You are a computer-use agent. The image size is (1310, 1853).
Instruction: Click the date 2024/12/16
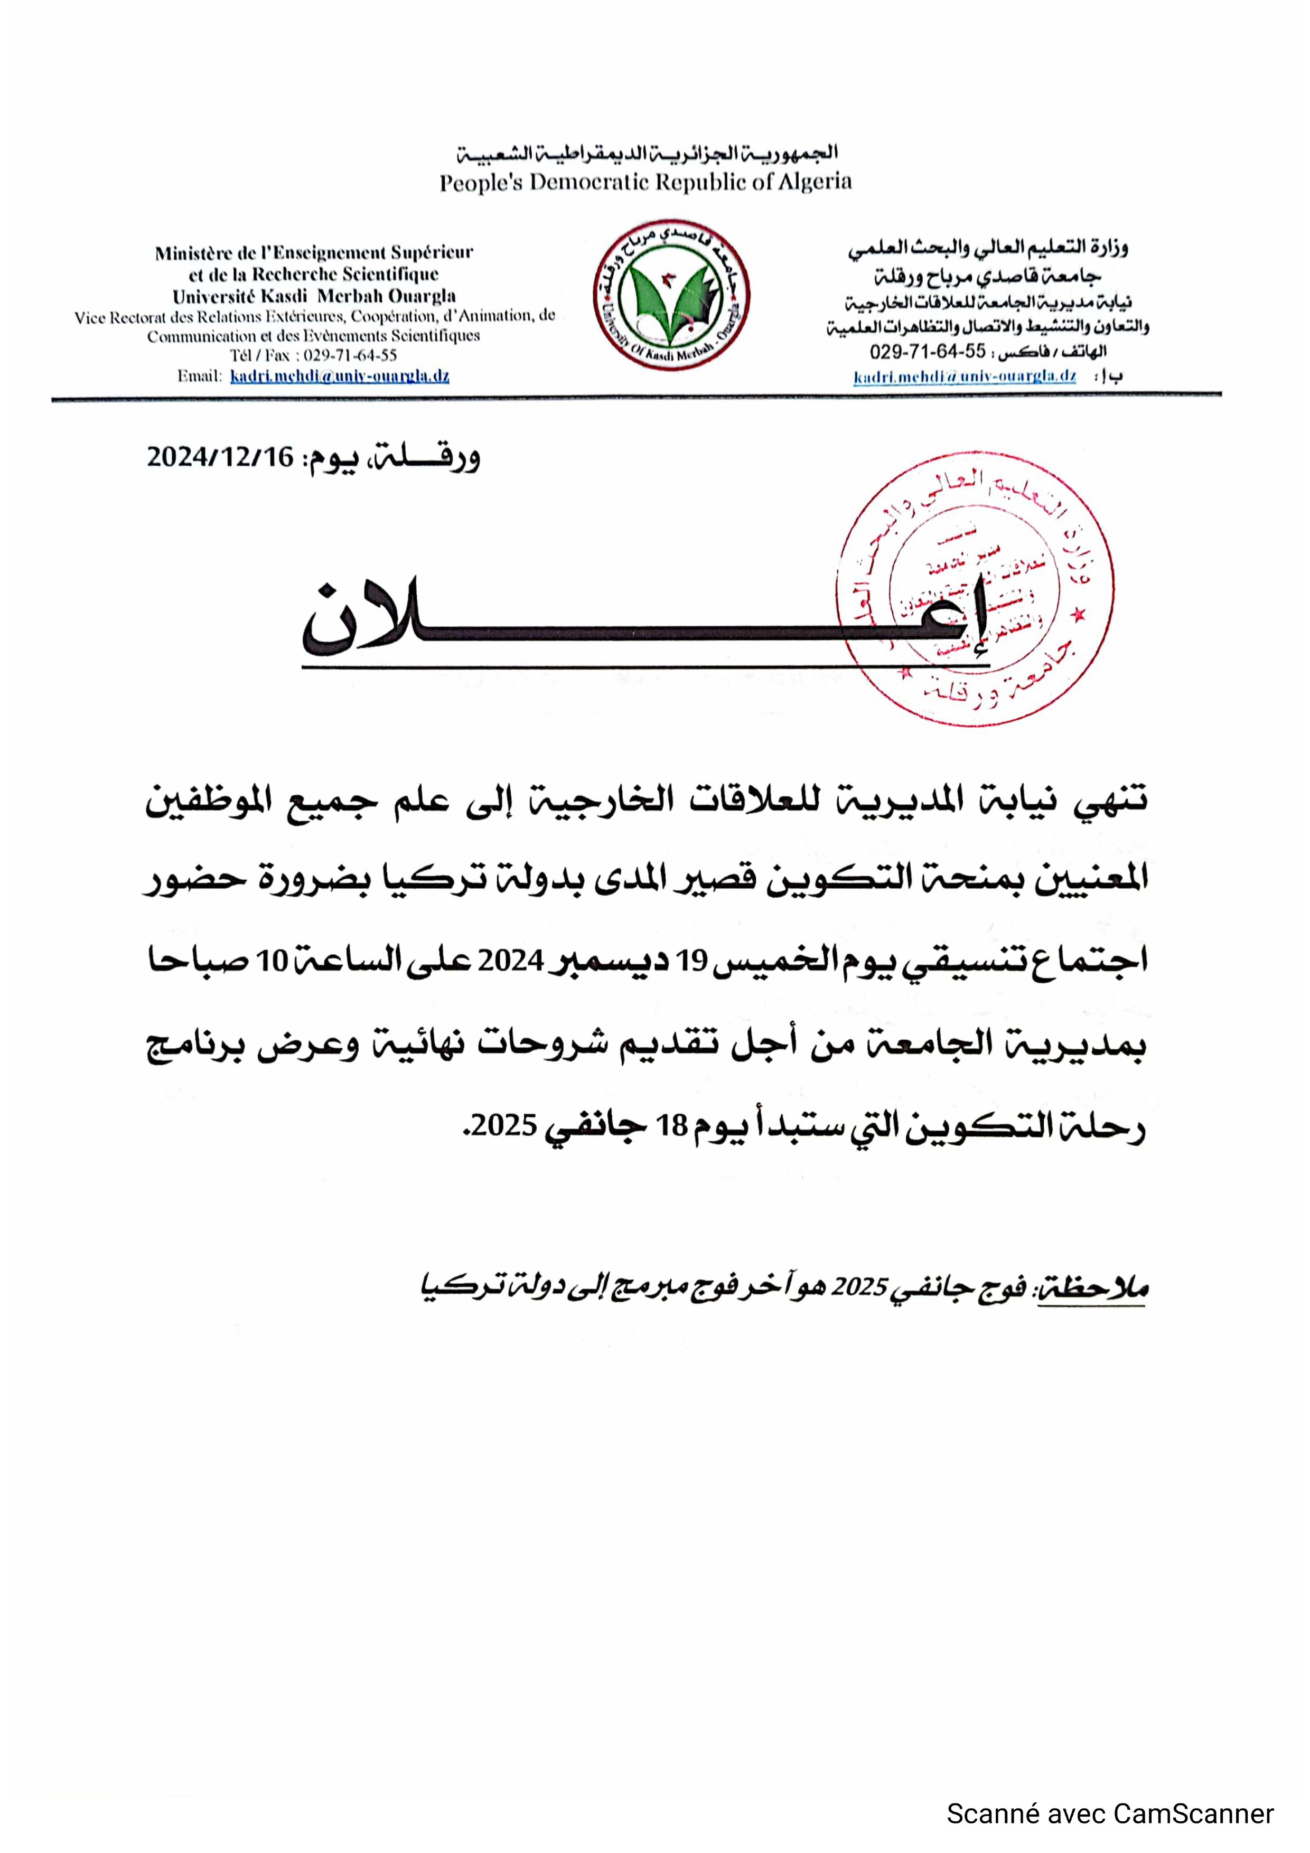tap(220, 458)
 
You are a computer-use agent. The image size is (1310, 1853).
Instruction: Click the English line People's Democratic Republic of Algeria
tap(645, 182)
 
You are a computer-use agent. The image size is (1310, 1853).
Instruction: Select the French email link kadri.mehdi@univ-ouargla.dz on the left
tap(339, 376)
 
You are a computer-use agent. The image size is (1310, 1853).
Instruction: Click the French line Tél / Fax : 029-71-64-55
tap(313, 355)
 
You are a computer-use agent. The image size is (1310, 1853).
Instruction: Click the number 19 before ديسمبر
tap(693, 961)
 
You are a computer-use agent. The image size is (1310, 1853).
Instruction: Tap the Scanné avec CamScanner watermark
tap(1110, 1813)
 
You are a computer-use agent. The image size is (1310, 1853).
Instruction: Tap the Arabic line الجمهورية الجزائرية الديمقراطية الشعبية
tap(647, 153)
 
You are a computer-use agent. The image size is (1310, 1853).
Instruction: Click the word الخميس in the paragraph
tap(760, 961)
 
